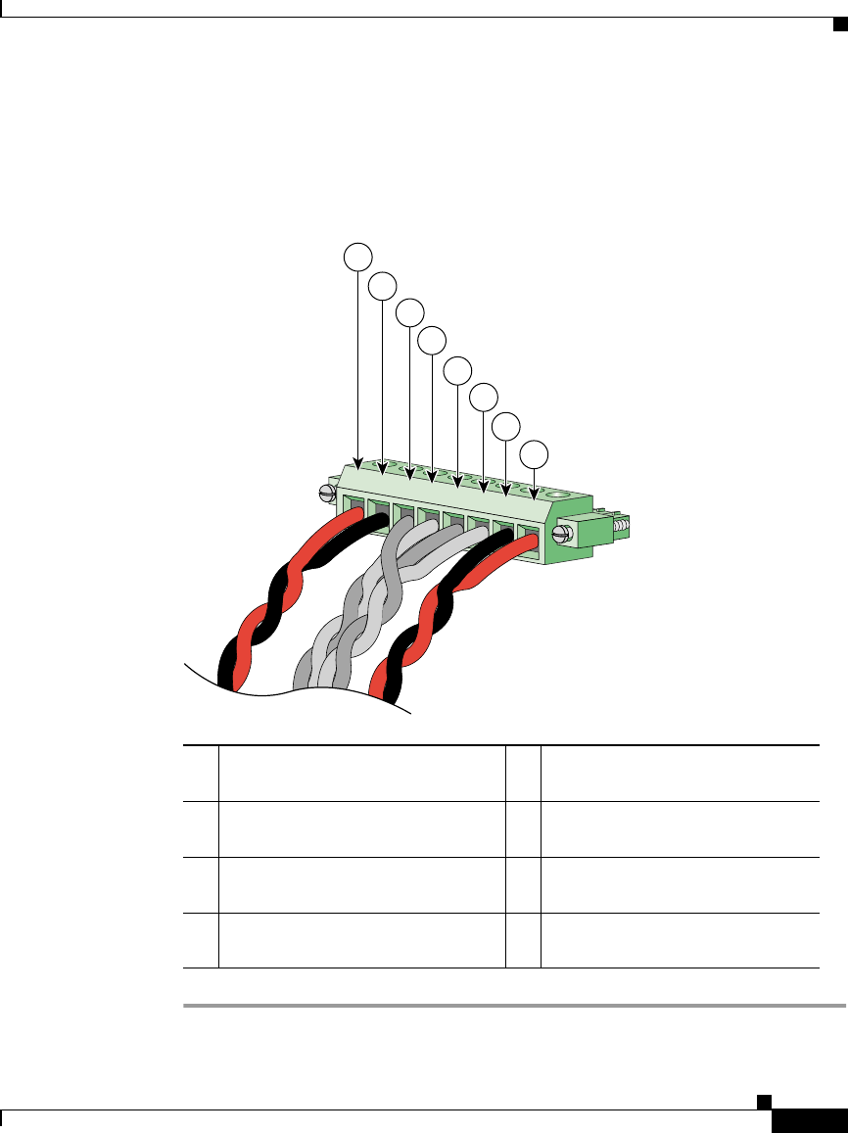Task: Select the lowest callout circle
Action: pos(534,454)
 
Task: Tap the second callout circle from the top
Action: pos(383,286)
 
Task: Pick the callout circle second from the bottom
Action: pos(505,426)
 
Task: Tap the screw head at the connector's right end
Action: pos(562,534)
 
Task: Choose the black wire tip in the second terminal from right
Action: pos(503,536)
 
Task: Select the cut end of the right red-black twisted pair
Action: pos(384,689)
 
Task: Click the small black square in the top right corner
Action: pos(839,24)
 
